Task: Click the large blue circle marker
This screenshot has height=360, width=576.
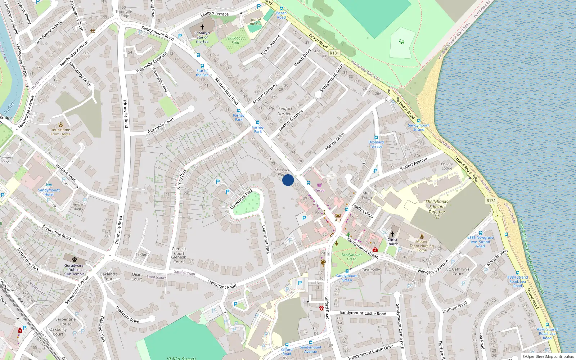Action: pyautogui.click(x=288, y=180)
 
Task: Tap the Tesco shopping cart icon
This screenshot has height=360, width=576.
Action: pyautogui.click(x=319, y=185)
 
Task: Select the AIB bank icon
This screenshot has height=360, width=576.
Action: pyautogui.click(x=338, y=216)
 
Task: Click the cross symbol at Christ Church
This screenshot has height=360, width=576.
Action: pyautogui.click(x=392, y=234)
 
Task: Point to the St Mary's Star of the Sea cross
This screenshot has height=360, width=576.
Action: pyautogui.click(x=202, y=27)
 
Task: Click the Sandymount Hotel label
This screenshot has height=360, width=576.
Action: pyautogui.click(x=49, y=192)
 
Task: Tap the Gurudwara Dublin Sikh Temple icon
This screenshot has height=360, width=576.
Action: pyautogui.click(x=75, y=259)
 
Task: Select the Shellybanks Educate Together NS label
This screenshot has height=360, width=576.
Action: pyautogui.click(x=437, y=209)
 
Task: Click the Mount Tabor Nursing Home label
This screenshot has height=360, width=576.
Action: pyautogui.click(x=422, y=246)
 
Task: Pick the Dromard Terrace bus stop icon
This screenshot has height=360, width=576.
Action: pyautogui.click(x=376, y=138)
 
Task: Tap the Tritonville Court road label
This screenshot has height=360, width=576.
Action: pyautogui.click(x=161, y=126)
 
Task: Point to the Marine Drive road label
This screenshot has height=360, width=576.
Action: pyautogui.click(x=335, y=141)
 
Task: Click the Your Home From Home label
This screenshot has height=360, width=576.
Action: pyautogui.click(x=60, y=132)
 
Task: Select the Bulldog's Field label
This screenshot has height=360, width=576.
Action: pyautogui.click(x=235, y=40)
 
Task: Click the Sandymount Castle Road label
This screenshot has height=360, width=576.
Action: pyautogui.click(x=363, y=313)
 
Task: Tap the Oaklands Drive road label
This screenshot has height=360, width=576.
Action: pyautogui.click(x=127, y=314)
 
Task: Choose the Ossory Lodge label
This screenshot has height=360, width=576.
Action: pyautogui.click(x=447, y=166)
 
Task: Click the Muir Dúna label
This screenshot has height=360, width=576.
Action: pyautogui.click(x=367, y=195)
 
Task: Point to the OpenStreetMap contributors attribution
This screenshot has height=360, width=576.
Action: pyautogui.click(x=548, y=357)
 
